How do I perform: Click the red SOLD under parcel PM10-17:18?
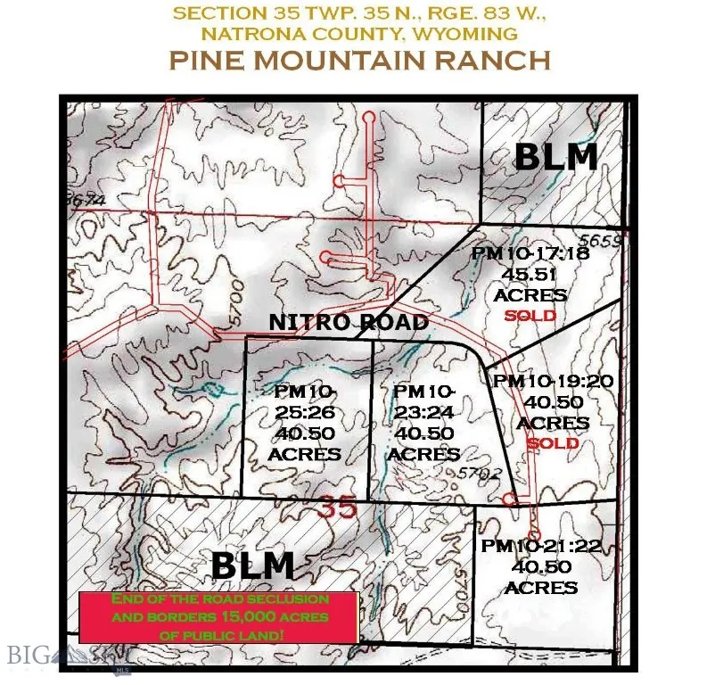[x=530, y=316]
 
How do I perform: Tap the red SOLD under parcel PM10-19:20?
[x=553, y=443]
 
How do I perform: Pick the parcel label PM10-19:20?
[x=553, y=381]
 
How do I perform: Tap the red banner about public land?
[x=219, y=616]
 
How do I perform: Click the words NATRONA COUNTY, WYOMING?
[x=359, y=35]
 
